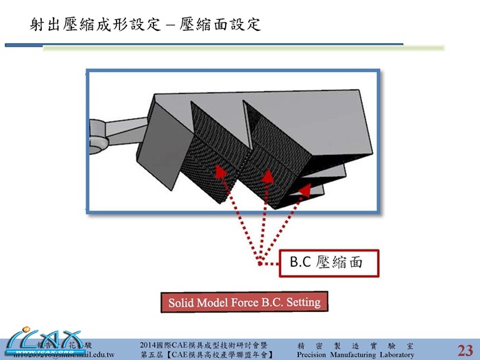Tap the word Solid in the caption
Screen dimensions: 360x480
coord(183,303)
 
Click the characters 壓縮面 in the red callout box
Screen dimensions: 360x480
coord(341,262)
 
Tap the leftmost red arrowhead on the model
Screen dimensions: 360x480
coord(219,169)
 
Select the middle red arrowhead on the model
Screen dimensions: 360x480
coord(267,177)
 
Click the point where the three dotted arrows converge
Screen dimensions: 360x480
coord(261,261)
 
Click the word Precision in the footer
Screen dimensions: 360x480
coord(311,355)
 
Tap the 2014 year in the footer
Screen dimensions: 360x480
coord(148,344)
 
